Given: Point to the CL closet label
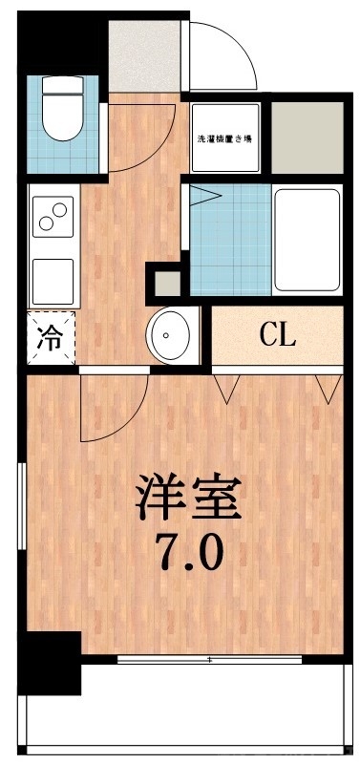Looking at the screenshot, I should [x=278, y=335].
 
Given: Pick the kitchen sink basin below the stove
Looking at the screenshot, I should [x=53, y=277].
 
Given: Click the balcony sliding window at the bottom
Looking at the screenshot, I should [x=210, y=659].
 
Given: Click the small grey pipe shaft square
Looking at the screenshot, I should [x=166, y=284].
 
